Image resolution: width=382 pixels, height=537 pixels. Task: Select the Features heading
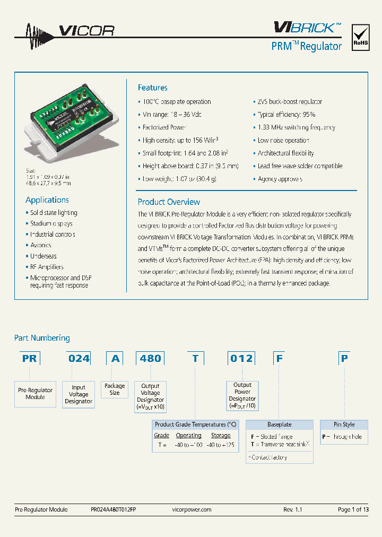152,88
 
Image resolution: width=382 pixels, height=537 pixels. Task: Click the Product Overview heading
169,202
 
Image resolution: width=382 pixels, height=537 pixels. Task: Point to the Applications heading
47,200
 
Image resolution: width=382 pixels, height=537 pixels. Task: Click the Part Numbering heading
42,338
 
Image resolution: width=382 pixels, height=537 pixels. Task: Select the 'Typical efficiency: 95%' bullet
286,115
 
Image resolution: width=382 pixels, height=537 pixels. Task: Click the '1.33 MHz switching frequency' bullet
296,127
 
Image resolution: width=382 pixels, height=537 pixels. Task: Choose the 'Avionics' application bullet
40,245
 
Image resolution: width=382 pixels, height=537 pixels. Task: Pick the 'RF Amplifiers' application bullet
47,267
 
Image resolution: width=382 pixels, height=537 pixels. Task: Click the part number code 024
79,359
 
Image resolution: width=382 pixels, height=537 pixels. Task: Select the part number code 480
150,359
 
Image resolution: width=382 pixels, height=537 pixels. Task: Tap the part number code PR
30,359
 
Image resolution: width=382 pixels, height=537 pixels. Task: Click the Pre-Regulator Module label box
36,394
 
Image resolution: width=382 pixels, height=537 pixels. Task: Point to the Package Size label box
115,389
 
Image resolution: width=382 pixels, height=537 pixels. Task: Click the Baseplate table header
279,425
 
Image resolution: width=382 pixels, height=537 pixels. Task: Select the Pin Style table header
344,425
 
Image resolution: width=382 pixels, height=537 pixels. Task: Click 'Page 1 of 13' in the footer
353,509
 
